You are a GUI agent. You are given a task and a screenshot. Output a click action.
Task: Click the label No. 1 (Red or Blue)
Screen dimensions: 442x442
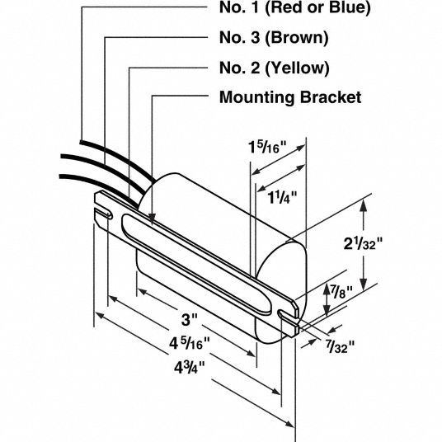(294, 7)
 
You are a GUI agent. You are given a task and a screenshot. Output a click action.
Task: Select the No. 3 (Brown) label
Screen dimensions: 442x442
(274, 37)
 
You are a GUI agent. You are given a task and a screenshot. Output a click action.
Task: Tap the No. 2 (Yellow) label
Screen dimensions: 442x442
(275, 68)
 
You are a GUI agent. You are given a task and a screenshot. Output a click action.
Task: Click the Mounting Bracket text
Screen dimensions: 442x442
(290, 97)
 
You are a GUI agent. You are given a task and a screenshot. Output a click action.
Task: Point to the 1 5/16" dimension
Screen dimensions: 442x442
(267, 147)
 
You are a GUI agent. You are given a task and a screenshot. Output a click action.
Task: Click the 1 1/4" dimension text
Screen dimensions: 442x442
(282, 197)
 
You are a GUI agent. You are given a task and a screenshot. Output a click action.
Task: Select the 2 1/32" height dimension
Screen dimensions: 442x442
(364, 243)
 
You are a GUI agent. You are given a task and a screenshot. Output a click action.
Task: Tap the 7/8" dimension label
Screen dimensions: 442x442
(341, 292)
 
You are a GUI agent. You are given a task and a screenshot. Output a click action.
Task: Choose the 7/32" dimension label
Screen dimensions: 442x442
(341, 346)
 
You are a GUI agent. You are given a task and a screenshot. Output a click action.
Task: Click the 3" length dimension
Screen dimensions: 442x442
(189, 320)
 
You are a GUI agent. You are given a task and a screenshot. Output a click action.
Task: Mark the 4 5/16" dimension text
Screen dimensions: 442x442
(190, 343)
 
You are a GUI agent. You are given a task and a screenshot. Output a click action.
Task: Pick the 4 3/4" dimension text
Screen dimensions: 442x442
(190, 367)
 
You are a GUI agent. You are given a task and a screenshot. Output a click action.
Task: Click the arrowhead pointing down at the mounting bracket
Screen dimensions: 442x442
(152, 219)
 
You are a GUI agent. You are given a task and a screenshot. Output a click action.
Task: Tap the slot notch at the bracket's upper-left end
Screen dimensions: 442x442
(103, 214)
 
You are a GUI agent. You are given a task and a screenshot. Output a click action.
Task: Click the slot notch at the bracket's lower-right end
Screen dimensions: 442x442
(287, 314)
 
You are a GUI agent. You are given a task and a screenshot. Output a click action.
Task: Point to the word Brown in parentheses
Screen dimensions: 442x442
(297, 37)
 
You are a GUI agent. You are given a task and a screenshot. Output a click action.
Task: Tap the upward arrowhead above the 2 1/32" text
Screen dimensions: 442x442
(364, 206)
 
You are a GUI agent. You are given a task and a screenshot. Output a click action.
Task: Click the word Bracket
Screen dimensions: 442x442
(331, 97)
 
